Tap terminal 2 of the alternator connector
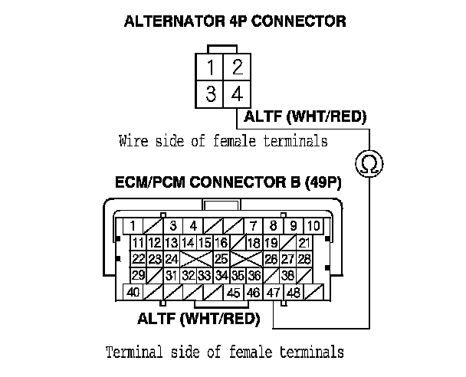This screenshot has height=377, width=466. tap(238, 67)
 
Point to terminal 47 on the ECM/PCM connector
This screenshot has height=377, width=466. tap(274, 292)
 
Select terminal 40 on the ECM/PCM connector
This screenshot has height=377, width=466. tap(133, 292)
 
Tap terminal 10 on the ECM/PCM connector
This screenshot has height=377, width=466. tap(313, 226)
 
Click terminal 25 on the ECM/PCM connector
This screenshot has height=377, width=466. tap(221, 259)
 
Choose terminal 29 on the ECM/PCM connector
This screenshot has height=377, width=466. tap(139, 275)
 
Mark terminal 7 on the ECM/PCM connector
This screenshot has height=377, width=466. tap(253, 226)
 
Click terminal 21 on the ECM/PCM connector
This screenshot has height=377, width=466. tap(304, 243)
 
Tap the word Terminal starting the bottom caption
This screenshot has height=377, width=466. tap(133, 352)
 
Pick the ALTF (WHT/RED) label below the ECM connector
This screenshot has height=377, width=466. tap(199, 317)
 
